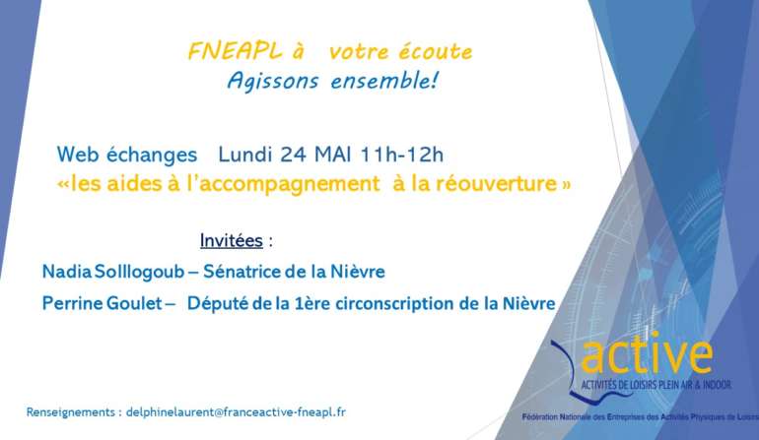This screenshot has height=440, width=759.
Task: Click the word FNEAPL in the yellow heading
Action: point(235,51)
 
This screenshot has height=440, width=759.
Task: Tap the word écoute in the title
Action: point(436,51)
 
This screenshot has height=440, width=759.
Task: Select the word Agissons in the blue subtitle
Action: point(273,82)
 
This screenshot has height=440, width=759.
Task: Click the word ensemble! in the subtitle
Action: point(384,81)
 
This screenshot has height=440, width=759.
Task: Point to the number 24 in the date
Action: point(293,155)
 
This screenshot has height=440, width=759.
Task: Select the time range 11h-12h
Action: point(402,155)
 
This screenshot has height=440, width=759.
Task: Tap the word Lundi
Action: point(244,155)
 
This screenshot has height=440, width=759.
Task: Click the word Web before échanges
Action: point(78,155)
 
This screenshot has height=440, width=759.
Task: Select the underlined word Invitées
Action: point(232,240)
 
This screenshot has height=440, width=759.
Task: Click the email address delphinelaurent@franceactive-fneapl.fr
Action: point(236,412)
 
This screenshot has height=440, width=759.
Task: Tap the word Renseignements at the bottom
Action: point(71,412)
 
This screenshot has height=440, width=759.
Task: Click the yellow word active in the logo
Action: point(647,355)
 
